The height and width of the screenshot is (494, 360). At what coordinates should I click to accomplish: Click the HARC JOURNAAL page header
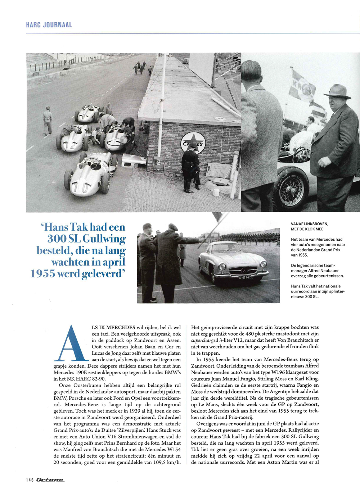49,25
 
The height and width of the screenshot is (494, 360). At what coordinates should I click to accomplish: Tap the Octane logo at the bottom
50,480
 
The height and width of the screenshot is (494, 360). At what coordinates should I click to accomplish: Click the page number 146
30,480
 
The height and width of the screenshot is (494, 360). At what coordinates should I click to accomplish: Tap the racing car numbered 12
72,139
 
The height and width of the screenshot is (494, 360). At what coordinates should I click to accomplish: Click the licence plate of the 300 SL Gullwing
245,277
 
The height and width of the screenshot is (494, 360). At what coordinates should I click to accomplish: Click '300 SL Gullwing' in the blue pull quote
86,239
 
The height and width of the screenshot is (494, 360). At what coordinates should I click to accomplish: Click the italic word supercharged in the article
204,340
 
